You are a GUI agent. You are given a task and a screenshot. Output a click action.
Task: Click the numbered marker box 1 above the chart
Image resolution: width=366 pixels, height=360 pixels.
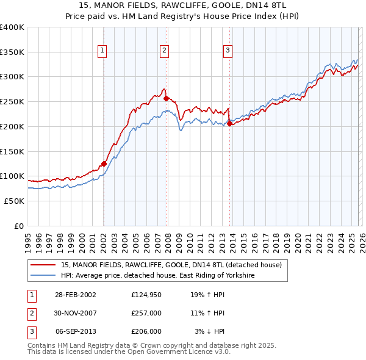click(x=102, y=51)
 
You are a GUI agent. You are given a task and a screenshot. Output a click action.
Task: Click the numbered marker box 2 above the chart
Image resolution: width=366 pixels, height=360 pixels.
click(x=164, y=51)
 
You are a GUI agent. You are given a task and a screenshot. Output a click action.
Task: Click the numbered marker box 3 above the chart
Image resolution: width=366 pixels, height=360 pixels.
click(x=227, y=51)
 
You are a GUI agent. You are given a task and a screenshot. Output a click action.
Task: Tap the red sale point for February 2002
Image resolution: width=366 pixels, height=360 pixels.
click(x=104, y=164)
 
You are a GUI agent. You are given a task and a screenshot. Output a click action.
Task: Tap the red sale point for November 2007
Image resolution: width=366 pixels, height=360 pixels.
click(x=166, y=98)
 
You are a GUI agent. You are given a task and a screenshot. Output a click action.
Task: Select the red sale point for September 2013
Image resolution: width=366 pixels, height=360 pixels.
click(x=229, y=123)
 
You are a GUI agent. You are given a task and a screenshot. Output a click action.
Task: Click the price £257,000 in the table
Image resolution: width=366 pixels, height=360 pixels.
click(x=146, y=312)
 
